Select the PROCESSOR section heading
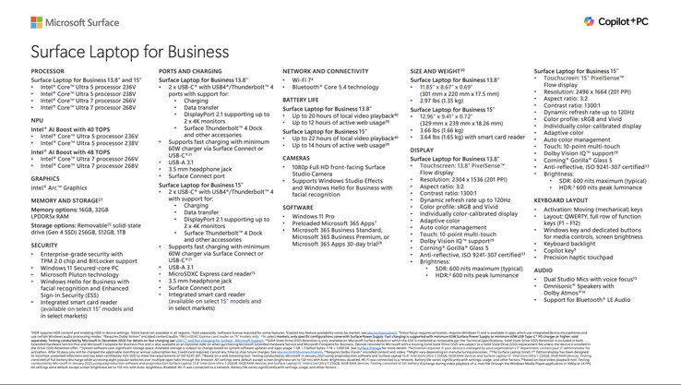(48, 71)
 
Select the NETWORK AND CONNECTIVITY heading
(326, 71)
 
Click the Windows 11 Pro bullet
(316, 217)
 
